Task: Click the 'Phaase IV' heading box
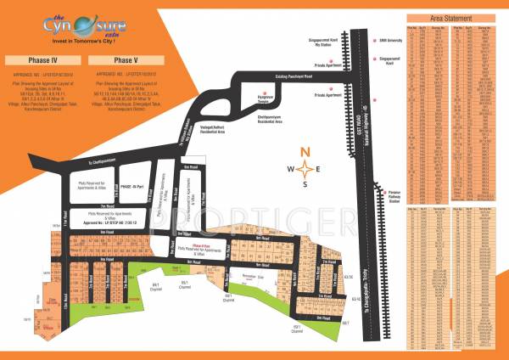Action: tap(42, 61)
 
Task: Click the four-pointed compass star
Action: tap(305, 169)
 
